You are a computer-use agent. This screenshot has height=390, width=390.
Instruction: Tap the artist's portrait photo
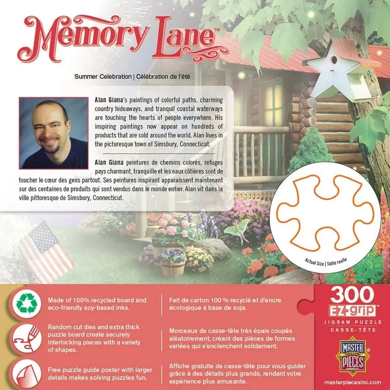click(x=53, y=133)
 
